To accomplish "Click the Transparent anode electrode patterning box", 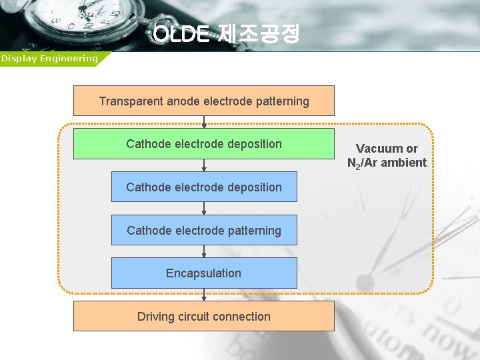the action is (x=203, y=101).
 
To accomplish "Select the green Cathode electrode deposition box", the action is (x=203, y=144).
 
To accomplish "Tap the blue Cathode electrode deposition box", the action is (x=203, y=187).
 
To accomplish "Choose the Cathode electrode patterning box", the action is (x=203, y=231).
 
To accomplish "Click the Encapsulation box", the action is (x=203, y=273).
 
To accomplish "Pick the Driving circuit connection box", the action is (x=203, y=317).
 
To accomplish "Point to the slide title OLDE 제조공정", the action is (x=227, y=34).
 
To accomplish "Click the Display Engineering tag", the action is (x=49, y=59).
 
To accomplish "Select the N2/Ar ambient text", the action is (x=387, y=163).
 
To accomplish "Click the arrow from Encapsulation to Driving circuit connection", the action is (x=204, y=295).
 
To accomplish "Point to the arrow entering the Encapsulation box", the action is (x=204, y=252).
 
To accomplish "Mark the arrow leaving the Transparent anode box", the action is (x=204, y=122).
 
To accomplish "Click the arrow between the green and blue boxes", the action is (x=204, y=165).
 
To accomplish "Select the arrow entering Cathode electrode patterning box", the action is (x=204, y=209).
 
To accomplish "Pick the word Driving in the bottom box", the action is (x=156, y=317).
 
